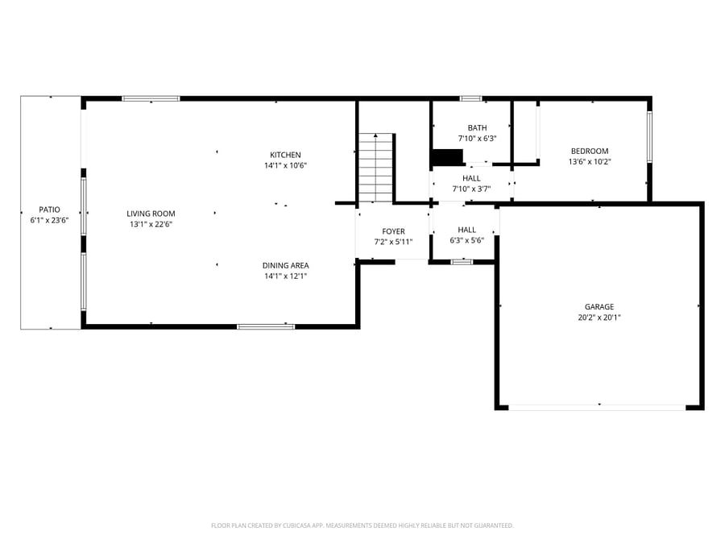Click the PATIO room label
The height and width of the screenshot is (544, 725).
49,210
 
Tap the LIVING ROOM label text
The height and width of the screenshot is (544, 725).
151,214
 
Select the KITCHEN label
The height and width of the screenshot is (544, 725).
285,155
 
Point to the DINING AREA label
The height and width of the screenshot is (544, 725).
285,265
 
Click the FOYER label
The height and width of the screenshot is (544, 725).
393,231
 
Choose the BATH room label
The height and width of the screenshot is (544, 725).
477,127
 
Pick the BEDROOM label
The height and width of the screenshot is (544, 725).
590,151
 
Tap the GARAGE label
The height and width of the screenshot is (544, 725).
599,307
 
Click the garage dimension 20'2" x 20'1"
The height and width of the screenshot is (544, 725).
599,318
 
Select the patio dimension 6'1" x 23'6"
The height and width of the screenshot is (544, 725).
49,220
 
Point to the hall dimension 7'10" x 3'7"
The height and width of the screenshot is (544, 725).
471,189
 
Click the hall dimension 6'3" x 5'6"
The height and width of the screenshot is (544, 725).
467,240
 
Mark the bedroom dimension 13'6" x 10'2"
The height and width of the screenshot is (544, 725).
590,161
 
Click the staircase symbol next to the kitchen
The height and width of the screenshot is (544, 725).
376,168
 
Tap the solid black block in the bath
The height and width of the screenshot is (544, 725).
447,157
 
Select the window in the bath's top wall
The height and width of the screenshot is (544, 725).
470,98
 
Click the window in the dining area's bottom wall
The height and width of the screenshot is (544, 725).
266,326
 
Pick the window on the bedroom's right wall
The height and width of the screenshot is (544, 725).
649,137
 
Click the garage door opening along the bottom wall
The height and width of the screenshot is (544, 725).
597,408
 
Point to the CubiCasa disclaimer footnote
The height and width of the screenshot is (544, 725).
362,525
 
